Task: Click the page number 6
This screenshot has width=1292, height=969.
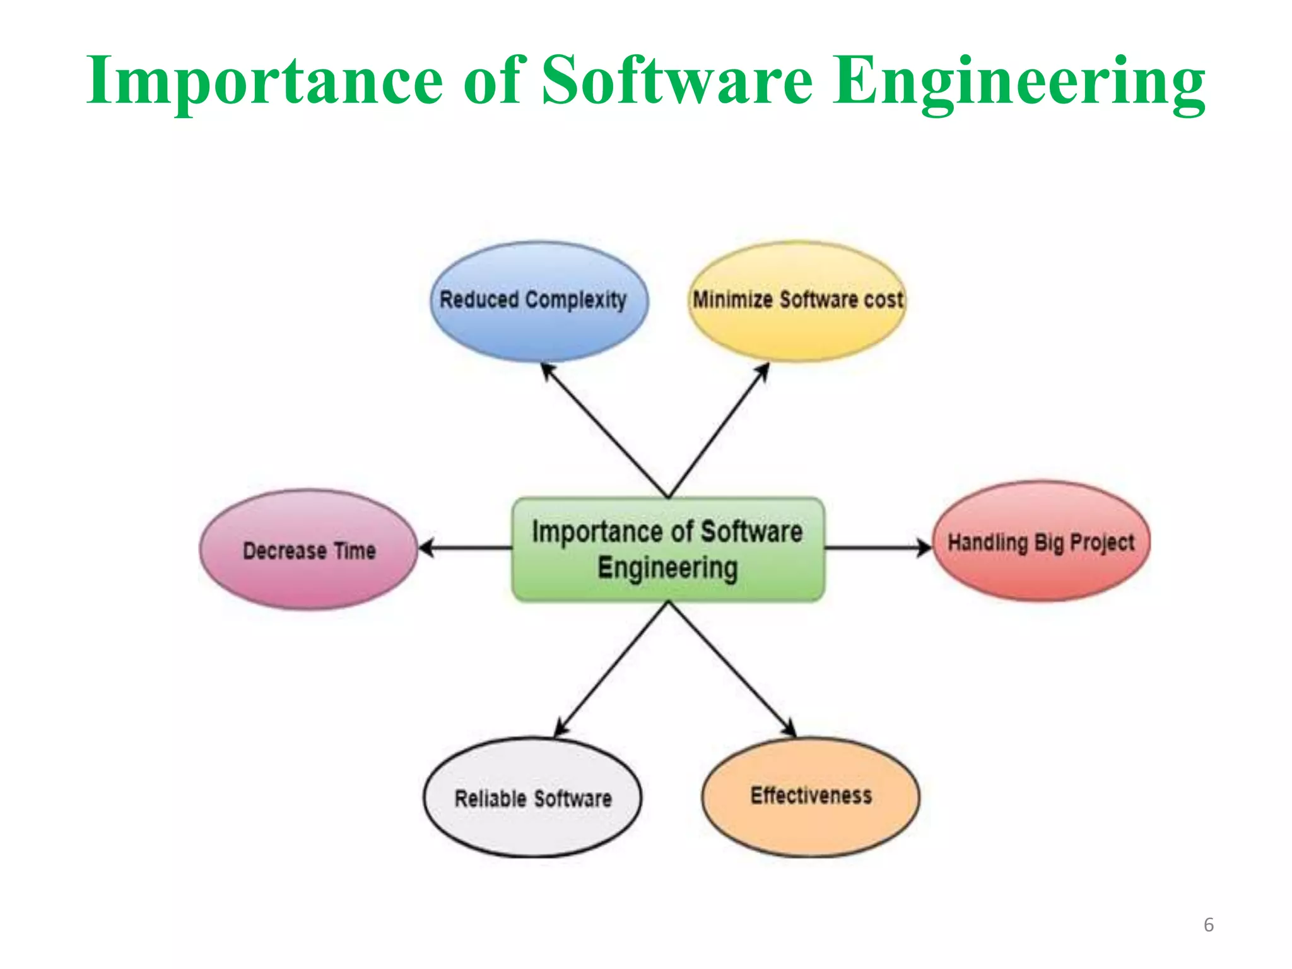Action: [x=1208, y=925]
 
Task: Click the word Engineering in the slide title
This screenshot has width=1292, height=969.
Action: [x=1018, y=82]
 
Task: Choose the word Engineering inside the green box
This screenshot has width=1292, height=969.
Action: [x=667, y=568]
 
